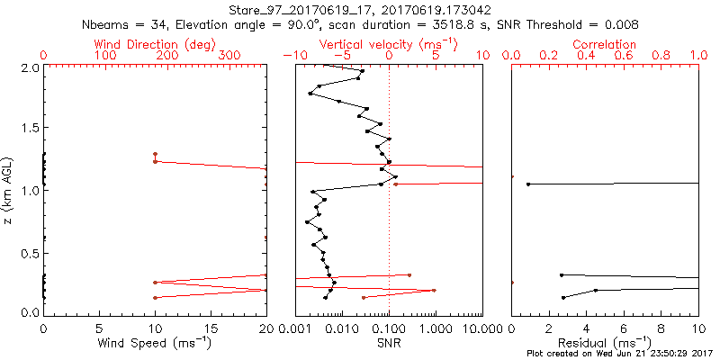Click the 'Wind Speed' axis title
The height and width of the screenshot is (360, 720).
click(157, 342)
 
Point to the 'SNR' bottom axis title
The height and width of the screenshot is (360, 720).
click(389, 342)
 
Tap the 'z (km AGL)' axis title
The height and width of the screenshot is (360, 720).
click(9, 190)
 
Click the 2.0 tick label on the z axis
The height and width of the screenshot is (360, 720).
click(29, 67)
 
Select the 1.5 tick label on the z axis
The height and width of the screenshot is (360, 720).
click(29, 129)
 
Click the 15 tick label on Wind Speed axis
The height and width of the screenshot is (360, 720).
click(211, 328)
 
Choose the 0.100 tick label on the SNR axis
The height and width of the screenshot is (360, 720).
click(389, 328)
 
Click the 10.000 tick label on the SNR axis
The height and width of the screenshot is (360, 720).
click(468, 328)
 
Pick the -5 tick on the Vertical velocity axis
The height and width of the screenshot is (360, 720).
click(339, 56)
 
